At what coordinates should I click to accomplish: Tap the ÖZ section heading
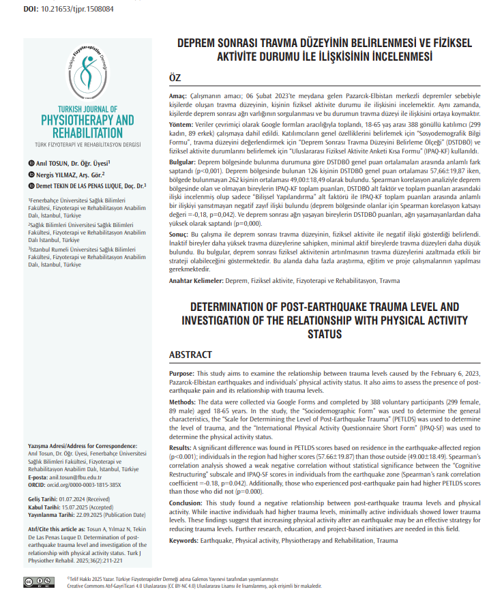(175, 78)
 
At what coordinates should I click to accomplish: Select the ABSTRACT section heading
(190, 355)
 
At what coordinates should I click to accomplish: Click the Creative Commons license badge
(38, 581)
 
